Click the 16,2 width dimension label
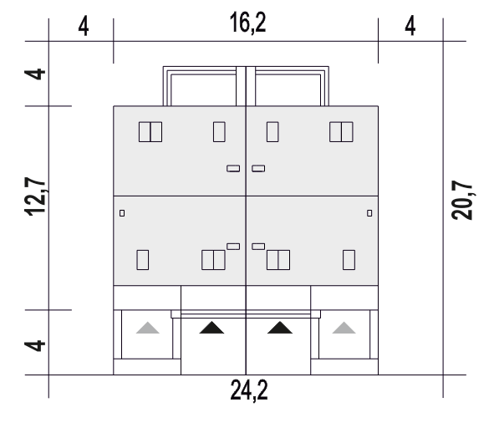(x=248, y=23)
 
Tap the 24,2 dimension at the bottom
(x=249, y=390)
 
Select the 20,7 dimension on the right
(x=462, y=200)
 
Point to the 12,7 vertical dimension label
(x=35, y=196)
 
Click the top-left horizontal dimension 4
(x=84, y=26)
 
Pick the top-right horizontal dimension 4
(x=410, y=26)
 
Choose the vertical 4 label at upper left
(x=35, y=74)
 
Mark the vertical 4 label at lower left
(x=35, y=345)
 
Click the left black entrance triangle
(x=211, y=328)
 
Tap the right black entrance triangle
(x=280, y=328)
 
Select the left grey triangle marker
(x=148, y=328)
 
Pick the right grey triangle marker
(x=344, y=328)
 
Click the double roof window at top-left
(x=150, y=132)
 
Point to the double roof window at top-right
(x=341, y=132)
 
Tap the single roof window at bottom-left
(x=143, y=260)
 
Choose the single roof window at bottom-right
(x=349, y=260)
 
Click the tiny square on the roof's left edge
(x=122, y=213)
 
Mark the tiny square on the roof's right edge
(x=369, y=213)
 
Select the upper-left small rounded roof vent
(x=233, y=169)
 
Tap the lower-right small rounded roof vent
(x=258, y=247)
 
